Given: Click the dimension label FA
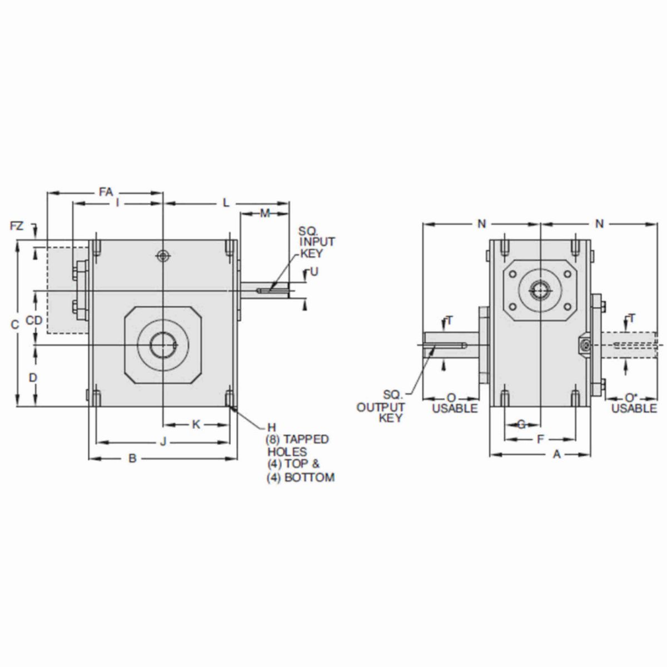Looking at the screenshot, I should click(x=106, y=192).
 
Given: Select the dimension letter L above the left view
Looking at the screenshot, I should click(x=226, y=203).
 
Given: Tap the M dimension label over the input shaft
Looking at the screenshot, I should click(x=265, y=213).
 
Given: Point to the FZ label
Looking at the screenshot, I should click(x=17, y=226).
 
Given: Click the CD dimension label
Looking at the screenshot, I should click(x=34, y=320).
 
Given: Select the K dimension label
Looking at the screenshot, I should click(x=196, y=425).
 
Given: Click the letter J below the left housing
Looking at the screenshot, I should click(x=163, y=442).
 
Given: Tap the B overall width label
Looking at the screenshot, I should click(x=132, y=459).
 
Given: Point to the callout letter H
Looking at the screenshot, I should click(x=271, y=427).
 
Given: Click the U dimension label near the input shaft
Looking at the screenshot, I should click(x=314, y=272).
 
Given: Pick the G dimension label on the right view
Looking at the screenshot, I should click(x=521, y=425).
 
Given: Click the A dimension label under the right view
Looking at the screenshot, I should click(x=556, y=455).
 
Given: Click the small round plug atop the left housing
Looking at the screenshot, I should click(x=162, y=256).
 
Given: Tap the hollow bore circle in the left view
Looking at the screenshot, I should click(x=162, y=345).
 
